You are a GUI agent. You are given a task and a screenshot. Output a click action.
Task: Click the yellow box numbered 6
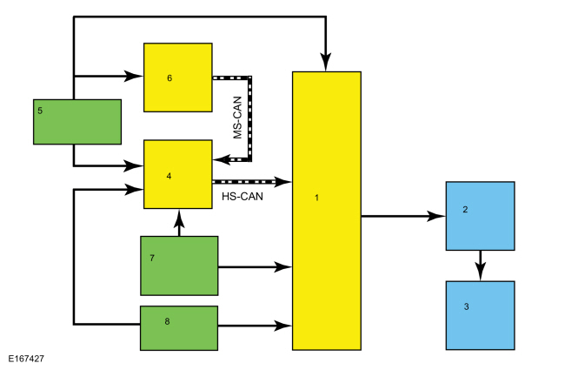coord(178,77)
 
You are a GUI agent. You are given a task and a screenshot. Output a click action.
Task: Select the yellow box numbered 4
coord(178,174)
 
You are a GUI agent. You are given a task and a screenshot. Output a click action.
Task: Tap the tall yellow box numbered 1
coord(327,211)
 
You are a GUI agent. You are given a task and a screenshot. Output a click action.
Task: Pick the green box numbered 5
coord(77,122)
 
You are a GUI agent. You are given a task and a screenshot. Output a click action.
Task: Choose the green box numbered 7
coord(179,266)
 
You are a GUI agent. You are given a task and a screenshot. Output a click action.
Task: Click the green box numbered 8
coord(179,328)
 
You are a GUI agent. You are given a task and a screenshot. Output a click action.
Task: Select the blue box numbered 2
coord(481,216)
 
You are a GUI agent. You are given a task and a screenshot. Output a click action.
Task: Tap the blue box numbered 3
coord(481,315)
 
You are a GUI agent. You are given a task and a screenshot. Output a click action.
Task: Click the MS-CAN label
coord(237,118)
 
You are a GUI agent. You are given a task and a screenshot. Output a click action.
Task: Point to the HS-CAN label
coord(243,197)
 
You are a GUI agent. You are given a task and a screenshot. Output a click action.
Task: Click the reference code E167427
coord(26,359)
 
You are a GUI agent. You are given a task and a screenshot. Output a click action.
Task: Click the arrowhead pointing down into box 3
coord(481,272)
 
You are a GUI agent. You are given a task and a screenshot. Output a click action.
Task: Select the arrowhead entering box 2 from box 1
coord(436,216)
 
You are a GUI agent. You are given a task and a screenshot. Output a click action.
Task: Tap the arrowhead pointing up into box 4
coord(179,219)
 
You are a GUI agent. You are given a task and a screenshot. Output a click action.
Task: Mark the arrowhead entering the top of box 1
coord(326,62)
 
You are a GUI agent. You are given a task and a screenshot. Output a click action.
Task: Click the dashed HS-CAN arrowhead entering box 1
coord(282,182)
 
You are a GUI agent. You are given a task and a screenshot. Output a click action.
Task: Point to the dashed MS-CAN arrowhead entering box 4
coord(222,159)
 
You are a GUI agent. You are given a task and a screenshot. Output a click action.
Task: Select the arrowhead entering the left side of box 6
coord(134,76)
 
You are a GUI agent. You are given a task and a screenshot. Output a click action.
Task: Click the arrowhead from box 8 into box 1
coord(282,326)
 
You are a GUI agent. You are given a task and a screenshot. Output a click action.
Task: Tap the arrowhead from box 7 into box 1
coord(282,267)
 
